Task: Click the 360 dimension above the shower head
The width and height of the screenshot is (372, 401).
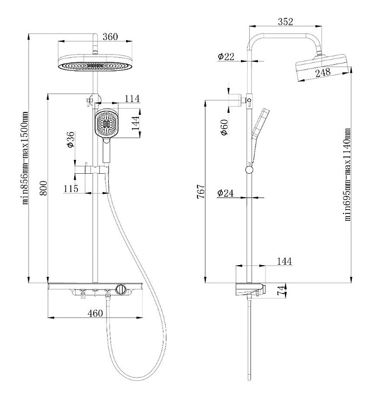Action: [x=111, y=37]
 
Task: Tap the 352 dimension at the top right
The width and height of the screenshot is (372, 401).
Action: [x=285, y=23]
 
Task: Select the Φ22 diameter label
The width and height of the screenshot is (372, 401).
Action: [x=226, y=56]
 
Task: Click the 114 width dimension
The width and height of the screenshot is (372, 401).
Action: [x=132, y=99]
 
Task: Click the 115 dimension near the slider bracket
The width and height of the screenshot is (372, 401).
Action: [x=71, y=188]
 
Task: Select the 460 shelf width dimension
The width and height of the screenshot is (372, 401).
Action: [x=96, y=313]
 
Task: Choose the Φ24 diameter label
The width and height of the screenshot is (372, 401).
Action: [x=226, y=193]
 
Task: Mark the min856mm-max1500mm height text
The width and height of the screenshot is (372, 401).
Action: [x=24, y=158]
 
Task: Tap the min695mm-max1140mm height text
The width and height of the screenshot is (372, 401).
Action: [x=347, y=174]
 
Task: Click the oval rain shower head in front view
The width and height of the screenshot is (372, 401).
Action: [x=95, y=63]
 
